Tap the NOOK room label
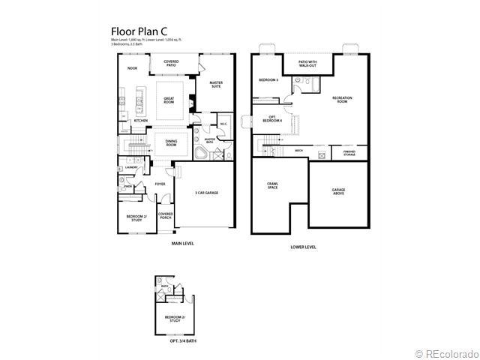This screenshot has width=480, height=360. [132, 68]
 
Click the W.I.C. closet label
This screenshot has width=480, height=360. [223, 124]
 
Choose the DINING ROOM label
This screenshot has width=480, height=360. [171, 143]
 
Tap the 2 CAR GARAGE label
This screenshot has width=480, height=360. [206, 193]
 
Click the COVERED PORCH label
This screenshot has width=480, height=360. [166, 216]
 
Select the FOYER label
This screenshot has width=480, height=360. [160, 184]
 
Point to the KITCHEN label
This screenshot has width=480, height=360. [140, 120]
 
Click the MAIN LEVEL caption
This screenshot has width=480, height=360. [182, 244]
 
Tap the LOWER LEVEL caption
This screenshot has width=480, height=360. [303, 246]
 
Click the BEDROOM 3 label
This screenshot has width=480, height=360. [268, 79]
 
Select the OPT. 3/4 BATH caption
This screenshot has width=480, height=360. [175, 342]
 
